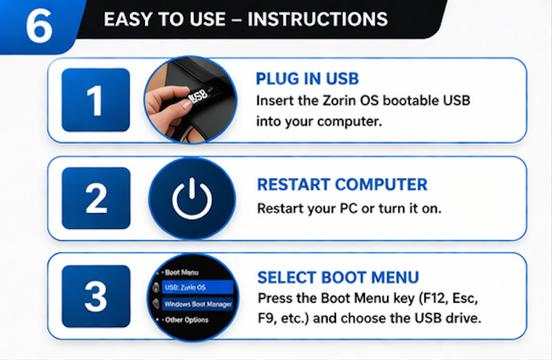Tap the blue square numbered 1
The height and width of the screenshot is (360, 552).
click(95, 100)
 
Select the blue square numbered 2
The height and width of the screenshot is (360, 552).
click(95, 198)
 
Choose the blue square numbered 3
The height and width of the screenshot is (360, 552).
click(95, 296)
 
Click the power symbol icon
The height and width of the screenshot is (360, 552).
click(192, 199)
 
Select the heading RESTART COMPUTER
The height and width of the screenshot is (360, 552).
click(342, 185)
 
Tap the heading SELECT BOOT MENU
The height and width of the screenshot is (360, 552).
click(338, 278)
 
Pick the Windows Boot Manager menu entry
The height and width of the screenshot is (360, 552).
click(197, 304)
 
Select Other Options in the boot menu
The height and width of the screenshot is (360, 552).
click(186, 321)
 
